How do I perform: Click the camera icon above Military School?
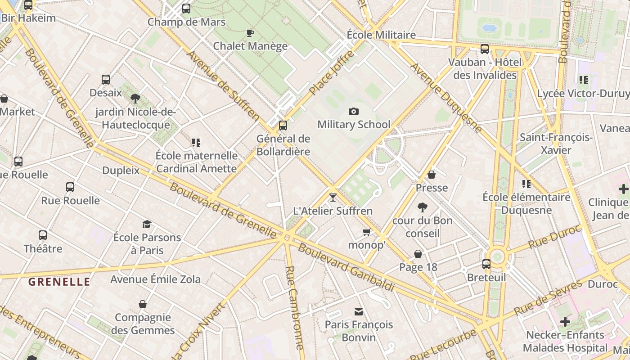tap(354, 111)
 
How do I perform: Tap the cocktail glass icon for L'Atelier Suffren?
tap(333, 197)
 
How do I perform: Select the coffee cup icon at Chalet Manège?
tap(250, 33)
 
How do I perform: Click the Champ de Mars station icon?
tap(186, 8)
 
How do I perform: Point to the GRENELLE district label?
tap(59, 282)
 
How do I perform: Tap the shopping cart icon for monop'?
tap(367, 232)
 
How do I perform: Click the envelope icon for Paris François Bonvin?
tap(359, 311)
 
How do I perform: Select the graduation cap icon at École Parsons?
tap(147, 224)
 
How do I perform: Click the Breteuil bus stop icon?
tap(486, 264)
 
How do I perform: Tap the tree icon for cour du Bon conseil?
tap(422, 207)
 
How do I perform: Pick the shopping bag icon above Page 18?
tap(418, 254)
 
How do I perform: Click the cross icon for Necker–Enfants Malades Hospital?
tap(565, 322)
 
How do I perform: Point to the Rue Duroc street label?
tap(554, 237)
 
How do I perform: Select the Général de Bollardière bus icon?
tap(283, 126)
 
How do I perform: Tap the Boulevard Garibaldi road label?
tap(346, 268)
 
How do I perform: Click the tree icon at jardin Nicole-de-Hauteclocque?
tap(135, 99)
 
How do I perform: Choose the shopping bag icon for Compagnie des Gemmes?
tap(143, 304)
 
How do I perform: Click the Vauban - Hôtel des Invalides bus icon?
tap(485, 49)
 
